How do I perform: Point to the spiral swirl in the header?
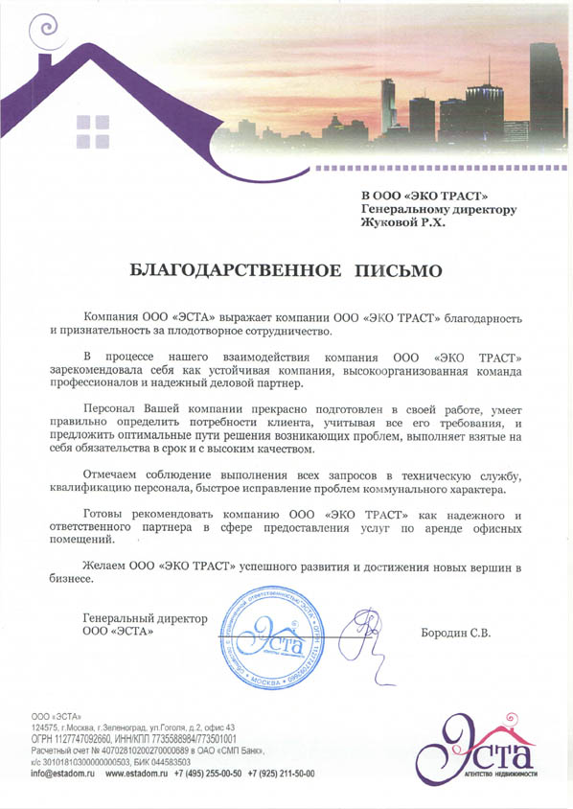44,32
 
